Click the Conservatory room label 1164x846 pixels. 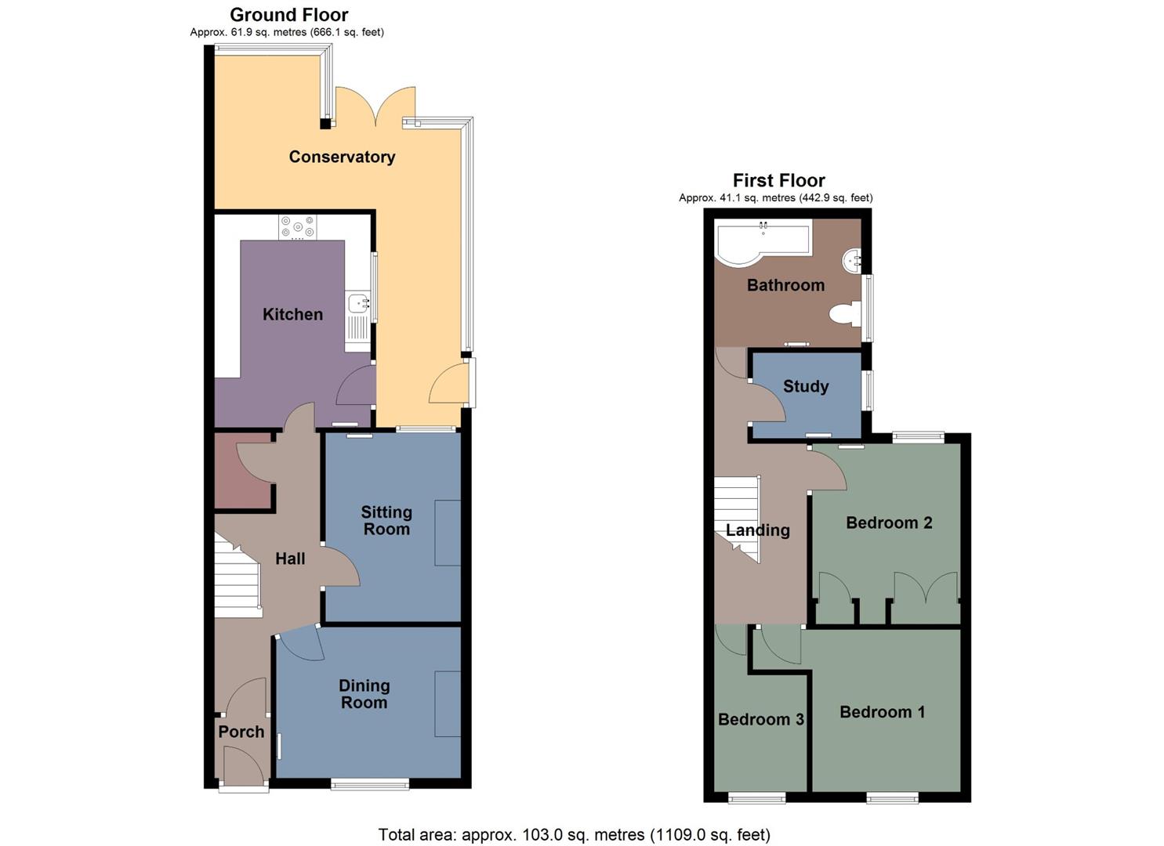[x=342, y=157]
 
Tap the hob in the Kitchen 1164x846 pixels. [x=298, y=227]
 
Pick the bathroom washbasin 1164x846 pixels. [x=852, y=258]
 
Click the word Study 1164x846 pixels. [x=806, y=386]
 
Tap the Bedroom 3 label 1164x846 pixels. [x=761, y=719]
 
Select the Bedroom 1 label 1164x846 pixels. [x=882, y=712]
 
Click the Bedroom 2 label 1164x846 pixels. [x=889, y=522]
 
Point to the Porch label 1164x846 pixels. [x=241, y=732]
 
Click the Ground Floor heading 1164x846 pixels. [x=288, y=14]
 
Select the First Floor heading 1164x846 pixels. [x=778, y=180]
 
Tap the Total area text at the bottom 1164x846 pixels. [x=574, y=835]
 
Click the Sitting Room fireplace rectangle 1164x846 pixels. [x=448, y=533]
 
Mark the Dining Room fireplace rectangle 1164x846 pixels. [x=448, y=703]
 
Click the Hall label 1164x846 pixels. [x=290, y=559]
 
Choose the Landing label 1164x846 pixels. [x=757, y=530]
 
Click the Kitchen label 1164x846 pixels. [x=292, y=314]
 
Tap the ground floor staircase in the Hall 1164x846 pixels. [x=238, y=576]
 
